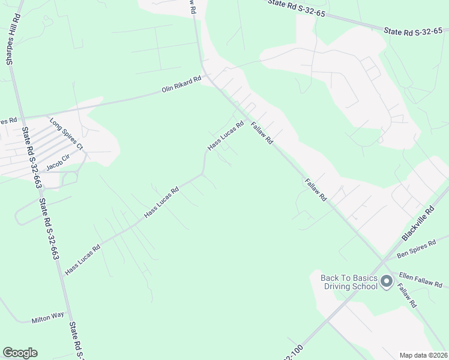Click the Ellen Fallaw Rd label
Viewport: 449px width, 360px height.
click(x=419, y=278)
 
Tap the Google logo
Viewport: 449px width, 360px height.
click(x=20, y=353)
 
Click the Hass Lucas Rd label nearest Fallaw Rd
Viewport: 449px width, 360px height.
click(x=225, y=136)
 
